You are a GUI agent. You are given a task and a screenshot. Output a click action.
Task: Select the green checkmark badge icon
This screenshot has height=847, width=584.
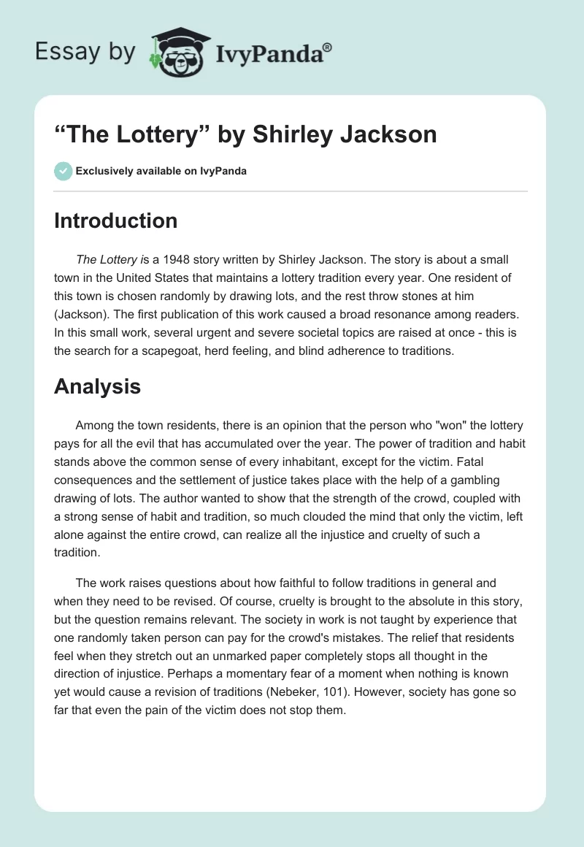[x=63, y=171]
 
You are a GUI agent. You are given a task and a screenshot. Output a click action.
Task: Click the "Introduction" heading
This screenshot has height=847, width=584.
[x=115, y=221]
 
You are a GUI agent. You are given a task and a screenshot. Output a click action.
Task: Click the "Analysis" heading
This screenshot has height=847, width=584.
[x=97, y=387]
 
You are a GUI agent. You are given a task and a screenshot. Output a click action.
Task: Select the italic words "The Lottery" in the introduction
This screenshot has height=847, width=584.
[x=105, y=259]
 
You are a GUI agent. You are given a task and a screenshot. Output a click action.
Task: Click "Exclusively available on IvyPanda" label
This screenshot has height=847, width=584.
[x=161, y=171]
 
